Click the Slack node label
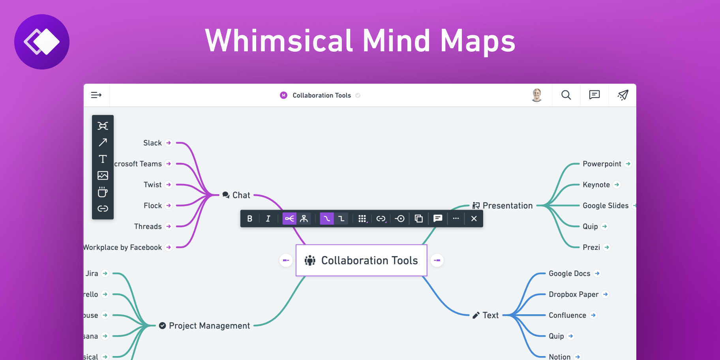pos(152,143)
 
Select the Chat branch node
pos(241,195)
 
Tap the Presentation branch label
pos(507,206)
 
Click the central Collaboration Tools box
pos(362,261)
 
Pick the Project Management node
pos(209,326)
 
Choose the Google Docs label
pos(569,274)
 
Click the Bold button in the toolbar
pos(250,219)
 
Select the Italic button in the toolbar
pos(268,219)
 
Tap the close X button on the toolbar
pos(474,219)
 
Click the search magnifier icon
pos(566,95)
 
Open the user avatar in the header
pos(537,95)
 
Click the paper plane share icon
pos(623,95)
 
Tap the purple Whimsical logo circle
pos(42,42)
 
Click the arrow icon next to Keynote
pos(617,185)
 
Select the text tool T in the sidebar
pos(103,159)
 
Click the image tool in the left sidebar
pos(103,175)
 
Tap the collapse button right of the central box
pos(437,261)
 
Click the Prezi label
pos(591,247)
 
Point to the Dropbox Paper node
pos(574,294)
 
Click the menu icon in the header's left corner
pos(96,95)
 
